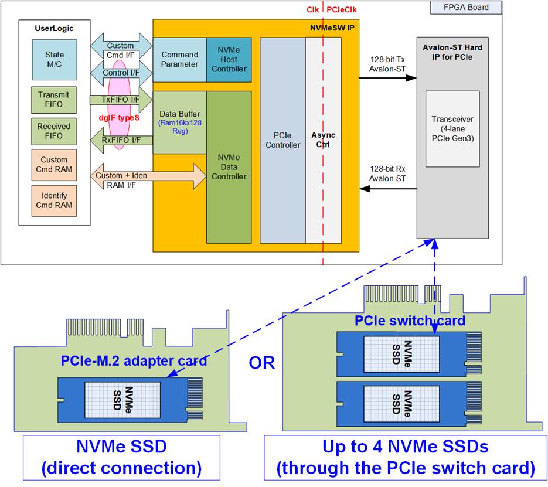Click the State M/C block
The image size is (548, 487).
click(55, 59)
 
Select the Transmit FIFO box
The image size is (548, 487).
click(53, 100)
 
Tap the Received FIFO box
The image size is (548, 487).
click(53, 131)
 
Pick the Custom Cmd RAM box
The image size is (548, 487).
click(54, 165)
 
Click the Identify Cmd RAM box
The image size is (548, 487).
click(54, 200)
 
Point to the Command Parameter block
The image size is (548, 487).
click(179, 59)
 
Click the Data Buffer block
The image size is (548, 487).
click(179, 122)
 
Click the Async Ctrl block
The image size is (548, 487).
click(322, 141)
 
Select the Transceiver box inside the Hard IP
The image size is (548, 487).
click(452, 128)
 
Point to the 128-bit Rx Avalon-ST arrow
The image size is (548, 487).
click(387, 189)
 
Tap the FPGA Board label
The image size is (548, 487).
click(467, 8)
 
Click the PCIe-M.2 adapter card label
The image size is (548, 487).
click(134, 360)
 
